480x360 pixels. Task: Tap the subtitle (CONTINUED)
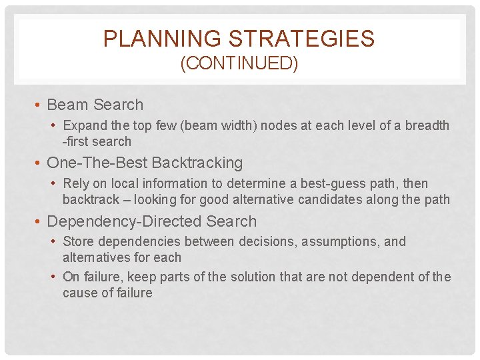[x=239, y=64]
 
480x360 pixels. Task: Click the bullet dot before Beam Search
[x=39, y=105]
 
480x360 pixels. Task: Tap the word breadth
[x=427, y=125]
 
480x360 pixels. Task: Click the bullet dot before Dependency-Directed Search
[x=39, y=221]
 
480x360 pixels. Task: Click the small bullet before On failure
[x=54, y=277]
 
